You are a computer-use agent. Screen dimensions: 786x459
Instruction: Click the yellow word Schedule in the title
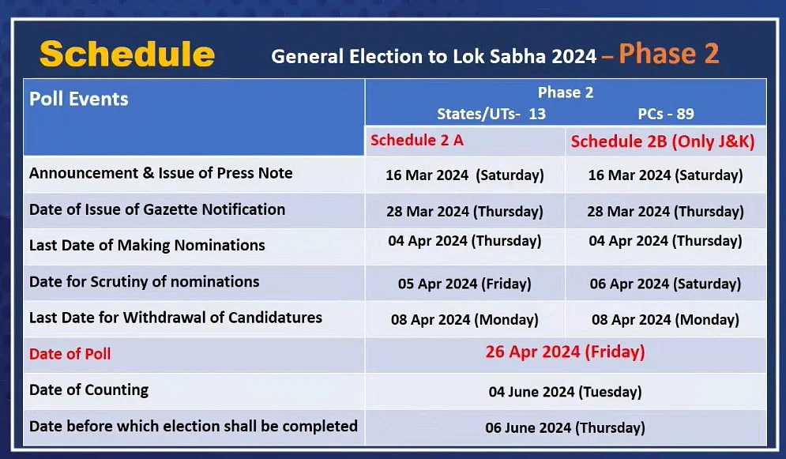click(x=127, y=55)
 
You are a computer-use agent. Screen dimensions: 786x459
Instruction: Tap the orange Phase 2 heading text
click(x=669, y=54)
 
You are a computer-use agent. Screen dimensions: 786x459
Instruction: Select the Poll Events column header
click(x=79, y=99)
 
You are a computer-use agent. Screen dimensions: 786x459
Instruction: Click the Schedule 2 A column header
click(x=417, y=141)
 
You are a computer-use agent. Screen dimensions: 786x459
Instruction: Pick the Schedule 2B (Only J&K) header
click(x=663, y=141)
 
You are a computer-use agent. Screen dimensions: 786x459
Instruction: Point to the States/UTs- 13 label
click(x=491, y=115)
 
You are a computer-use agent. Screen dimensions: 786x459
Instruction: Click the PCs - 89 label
click(x=666, y=114)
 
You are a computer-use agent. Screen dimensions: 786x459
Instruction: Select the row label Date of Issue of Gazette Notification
click(x=157, y=209)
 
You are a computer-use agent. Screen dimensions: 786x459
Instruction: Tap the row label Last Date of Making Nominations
click(x=147, y=245)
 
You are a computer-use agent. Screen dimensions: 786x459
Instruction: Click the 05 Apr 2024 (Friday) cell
click(x=464, y=284)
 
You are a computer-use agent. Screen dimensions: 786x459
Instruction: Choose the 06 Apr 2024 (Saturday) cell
click(x=665, y=284)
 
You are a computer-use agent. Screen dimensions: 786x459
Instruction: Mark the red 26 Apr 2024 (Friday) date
click(x=565, y=352)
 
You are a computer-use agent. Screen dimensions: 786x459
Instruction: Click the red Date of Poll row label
click(x=70, y=354)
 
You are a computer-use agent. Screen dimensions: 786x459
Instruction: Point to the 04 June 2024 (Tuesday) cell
click(x=565, y=391)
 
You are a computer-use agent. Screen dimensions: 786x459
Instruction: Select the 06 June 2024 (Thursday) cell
click(x=565, y=427)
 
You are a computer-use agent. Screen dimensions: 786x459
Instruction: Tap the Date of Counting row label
click(x=88, y=389)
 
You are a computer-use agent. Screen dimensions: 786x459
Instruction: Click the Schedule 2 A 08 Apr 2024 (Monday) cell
click(x=464, y=320)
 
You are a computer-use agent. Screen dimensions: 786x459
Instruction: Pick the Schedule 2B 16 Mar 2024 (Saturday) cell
click(x=665, y=175)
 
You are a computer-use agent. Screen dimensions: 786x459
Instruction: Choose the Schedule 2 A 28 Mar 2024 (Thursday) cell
click(x=464, y=212)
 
